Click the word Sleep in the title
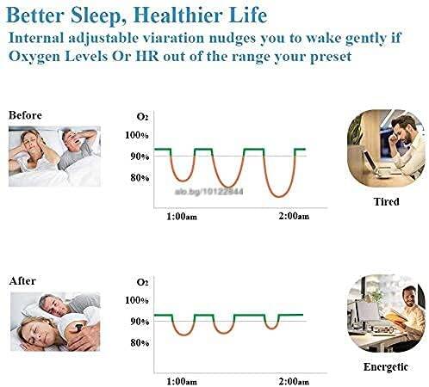[x=96, y=15]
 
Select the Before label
[x=25, y=115]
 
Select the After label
[x=22, y=280]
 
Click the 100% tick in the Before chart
[x=137, y=135]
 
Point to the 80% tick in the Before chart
[x=140, y=178]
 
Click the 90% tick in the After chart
[x=140, y=322]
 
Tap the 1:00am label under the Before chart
[x=182, y=217]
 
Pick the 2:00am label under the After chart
[x=294, y=382]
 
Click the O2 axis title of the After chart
[x=143, y=282]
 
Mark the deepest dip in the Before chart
[x=278, y=197]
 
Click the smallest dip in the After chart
[x=271, y=328]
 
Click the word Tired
[x=387, y=201]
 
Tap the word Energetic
[x=386, y=367]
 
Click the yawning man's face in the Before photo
[x=71, y=138]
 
